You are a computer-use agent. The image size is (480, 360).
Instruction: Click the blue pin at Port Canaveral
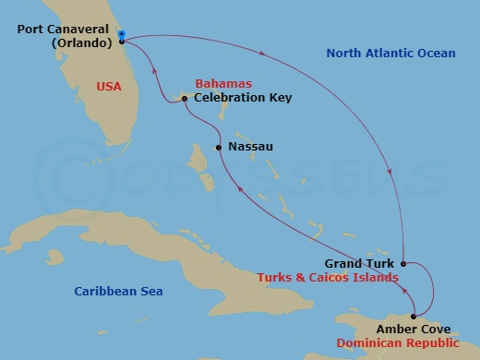[122, 34]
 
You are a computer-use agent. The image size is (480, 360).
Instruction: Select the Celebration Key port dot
[185, 98]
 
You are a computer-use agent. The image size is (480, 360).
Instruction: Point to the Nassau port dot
[218, 147]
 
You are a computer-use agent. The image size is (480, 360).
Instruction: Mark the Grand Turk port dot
[403, 263]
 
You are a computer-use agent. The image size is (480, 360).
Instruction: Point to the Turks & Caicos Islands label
[328, 277]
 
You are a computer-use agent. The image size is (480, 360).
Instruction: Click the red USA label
[110, 87]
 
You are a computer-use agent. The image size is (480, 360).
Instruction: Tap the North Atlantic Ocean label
[390, 54]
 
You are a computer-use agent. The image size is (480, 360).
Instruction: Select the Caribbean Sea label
[118, 292]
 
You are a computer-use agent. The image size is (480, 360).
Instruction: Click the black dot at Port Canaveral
[122, 42]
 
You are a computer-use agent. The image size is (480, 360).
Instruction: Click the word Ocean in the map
[436, 54]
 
